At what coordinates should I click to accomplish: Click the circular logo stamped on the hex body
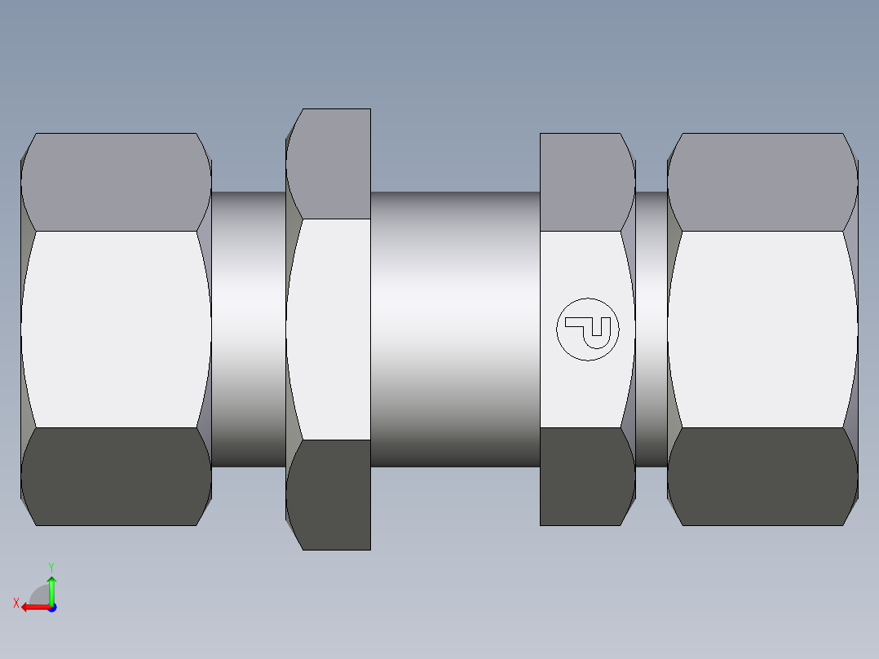(x=587, y=329)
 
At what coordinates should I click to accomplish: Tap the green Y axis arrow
(x=51, y=586)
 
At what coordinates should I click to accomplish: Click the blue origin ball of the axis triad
(x=51, y=607)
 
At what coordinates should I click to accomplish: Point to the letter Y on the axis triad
(x=51, y=566)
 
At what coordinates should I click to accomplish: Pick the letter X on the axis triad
(x=15, y=603)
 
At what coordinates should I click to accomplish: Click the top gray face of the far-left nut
(x=116, y=182)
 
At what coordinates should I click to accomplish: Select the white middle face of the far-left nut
(x=116, y=329)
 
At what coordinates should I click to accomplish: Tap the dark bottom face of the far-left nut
(x=116, y=476)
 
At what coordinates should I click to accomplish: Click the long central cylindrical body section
(x=455, y=329)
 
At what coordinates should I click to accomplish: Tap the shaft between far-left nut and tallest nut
(x=249, y=329)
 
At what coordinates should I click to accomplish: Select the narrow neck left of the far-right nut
(x=651, y=329)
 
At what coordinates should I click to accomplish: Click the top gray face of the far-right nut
(x=762, y=182)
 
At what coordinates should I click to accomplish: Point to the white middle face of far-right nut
(x=762, y=329)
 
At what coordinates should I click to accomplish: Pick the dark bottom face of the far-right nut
(x=762, y=476)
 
